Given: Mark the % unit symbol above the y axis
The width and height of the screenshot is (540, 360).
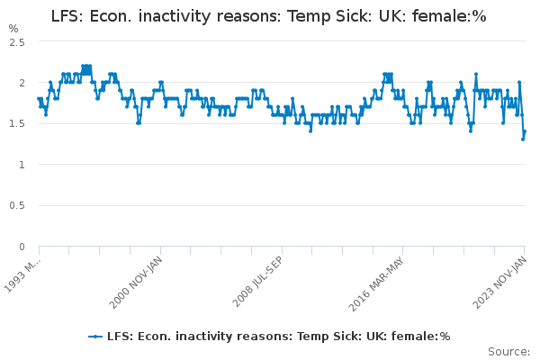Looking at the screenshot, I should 13,28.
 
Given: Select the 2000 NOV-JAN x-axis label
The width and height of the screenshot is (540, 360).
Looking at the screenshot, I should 135,282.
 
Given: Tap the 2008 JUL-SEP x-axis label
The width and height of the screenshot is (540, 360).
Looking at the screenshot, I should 256,282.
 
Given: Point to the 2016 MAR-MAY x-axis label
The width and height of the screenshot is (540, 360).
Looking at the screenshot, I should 378,282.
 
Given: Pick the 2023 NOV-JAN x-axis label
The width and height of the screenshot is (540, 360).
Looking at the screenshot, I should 499,282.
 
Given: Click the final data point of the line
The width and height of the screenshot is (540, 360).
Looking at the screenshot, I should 525,131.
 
